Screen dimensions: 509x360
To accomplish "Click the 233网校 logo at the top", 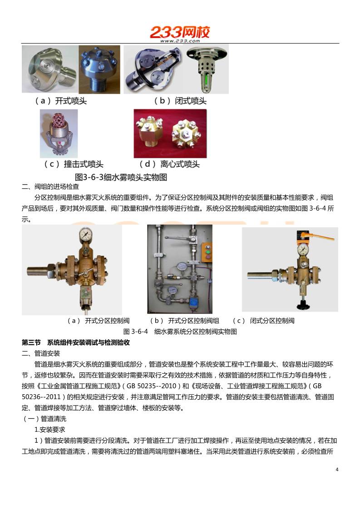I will coord(180,32).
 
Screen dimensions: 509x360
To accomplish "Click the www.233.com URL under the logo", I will coord(180,41).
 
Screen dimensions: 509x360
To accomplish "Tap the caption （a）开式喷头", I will coord(61,101).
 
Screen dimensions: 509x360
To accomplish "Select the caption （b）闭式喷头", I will coord(180,101).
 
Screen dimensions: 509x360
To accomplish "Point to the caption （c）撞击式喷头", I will coord(74,164).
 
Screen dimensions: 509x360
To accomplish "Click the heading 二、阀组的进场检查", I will coord(50,186).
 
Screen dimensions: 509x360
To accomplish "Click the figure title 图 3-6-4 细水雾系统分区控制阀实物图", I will coord(180,331).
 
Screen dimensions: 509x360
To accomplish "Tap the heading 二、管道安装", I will coord(41,353).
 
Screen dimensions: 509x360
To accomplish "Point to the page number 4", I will coord(337,469).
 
